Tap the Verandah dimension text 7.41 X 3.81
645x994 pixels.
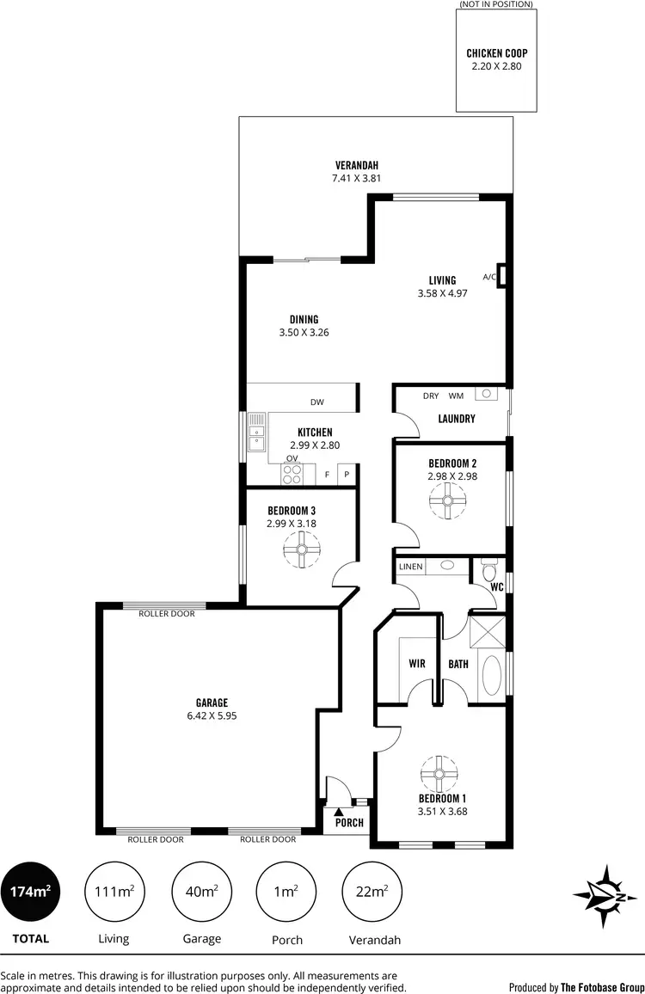pos(356,179)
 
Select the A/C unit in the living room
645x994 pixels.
pos(501,276)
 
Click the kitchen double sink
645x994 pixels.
pos(256,432)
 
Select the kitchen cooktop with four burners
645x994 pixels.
pos(292,474)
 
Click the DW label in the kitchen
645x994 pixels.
pos(317,402)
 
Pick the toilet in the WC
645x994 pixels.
pos(490,571)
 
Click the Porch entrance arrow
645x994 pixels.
pos(340,810)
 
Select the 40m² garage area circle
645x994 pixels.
pos(201,892)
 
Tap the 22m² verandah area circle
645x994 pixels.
pos(372,892)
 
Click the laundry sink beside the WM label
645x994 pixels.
pos(487,395)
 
